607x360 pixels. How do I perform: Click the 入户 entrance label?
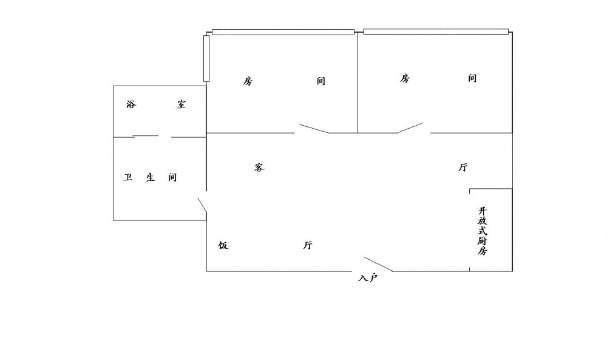(368, 278)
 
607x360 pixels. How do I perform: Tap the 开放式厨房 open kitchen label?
(482, 231)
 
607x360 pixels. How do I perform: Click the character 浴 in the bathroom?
(131, 104)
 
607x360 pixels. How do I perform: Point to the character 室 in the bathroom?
(181, 104)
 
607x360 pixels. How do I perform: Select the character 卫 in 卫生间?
(128, 178)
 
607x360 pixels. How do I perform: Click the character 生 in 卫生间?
(151, 178)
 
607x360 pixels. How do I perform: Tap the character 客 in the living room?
(259, 168)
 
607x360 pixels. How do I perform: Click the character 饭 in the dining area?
(223, 245)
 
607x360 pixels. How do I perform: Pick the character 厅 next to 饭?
(308, 245)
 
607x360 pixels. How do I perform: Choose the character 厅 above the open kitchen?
(463, 168)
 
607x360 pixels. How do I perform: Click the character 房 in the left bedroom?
(248, 81)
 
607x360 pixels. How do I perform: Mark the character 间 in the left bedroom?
(320, 81)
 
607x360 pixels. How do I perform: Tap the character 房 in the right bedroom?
(405, 78)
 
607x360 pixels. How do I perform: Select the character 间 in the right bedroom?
(472, 78)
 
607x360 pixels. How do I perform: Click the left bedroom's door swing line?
(313, 129)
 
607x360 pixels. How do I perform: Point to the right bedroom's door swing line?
(410, 128)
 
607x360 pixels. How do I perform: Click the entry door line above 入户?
(378, 264)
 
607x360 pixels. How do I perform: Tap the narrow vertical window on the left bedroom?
(206, 58)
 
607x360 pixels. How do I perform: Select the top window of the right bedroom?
(435, 31)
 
